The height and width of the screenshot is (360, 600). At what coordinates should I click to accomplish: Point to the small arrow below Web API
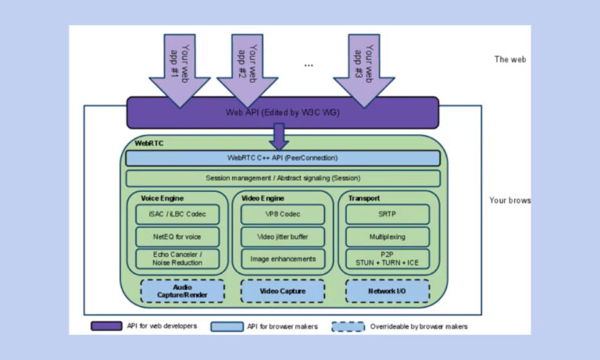[x=278, y=137]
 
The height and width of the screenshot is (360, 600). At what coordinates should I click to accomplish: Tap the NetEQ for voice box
[x=177, y=237]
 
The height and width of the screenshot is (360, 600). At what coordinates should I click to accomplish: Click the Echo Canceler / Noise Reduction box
[x=177, y=258]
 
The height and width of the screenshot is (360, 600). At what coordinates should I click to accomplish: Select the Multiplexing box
[x=387, y=237]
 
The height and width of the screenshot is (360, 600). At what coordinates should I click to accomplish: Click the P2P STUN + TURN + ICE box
[x=387, y=258]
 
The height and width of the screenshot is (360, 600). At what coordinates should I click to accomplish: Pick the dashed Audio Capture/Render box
[x=182, y=290]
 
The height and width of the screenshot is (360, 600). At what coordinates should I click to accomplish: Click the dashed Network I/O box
[x=387, y=290]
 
